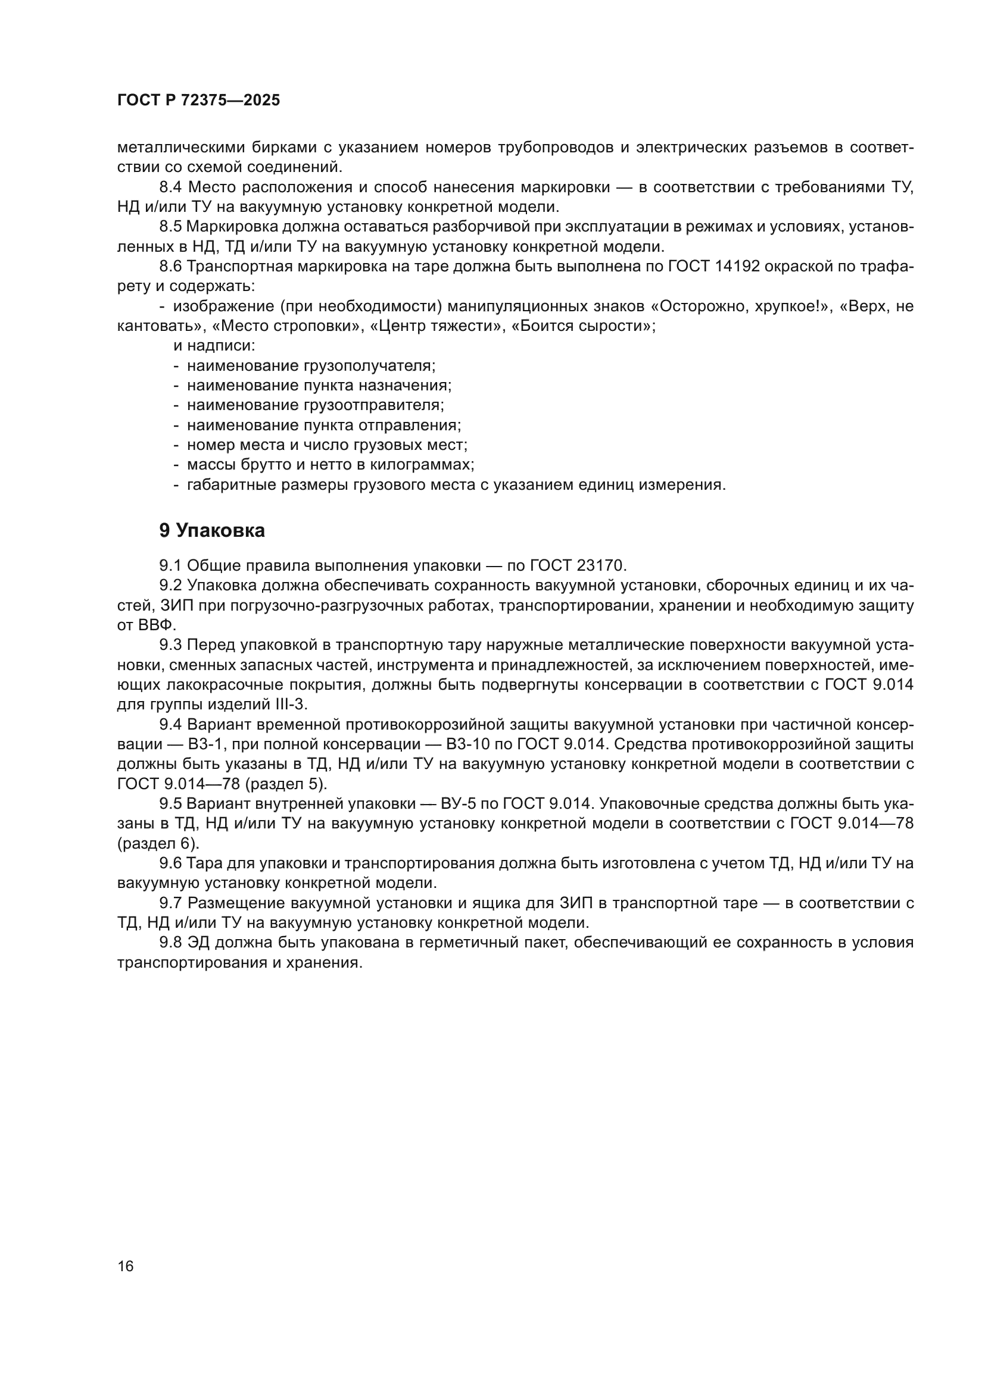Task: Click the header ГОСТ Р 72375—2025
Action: (198, 101)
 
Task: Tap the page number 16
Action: (126, 1266)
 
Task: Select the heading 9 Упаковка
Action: (211, 531)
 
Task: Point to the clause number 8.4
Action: (171, 187)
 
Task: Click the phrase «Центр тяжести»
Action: (435, 326)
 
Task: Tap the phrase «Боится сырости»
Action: (583, 326)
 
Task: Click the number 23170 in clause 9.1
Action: (600, 565)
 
